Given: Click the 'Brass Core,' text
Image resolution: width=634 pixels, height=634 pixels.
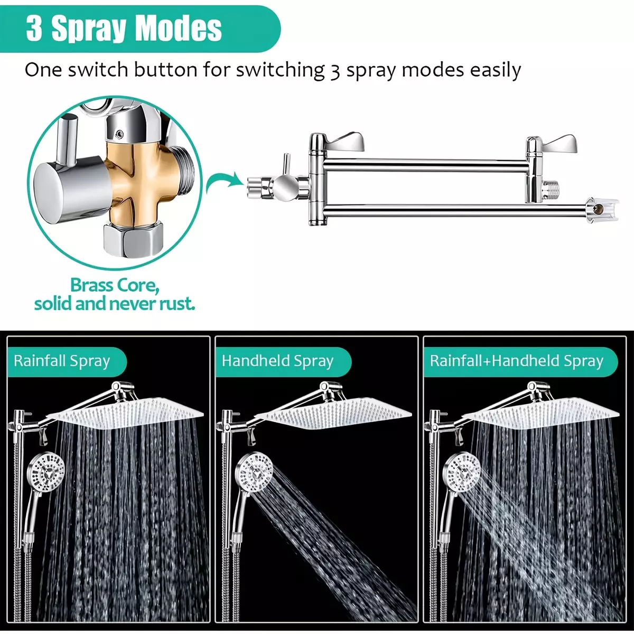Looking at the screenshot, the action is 115,285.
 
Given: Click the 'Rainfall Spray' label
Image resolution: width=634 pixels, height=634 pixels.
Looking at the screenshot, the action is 62,361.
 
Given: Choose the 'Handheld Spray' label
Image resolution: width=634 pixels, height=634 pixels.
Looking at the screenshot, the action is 277,361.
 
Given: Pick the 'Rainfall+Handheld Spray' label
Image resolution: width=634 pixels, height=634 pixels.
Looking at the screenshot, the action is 517,361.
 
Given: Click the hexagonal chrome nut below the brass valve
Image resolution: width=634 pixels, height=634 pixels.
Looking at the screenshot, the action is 133,238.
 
